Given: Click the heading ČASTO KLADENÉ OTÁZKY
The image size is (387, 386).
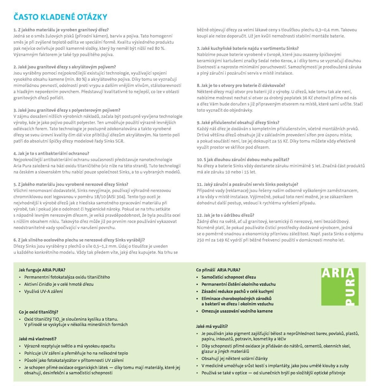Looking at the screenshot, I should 60,17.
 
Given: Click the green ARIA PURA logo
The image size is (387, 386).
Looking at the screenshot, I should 340,287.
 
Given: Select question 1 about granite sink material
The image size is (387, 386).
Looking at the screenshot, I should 61,30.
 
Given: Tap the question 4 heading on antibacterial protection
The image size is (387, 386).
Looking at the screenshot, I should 51,154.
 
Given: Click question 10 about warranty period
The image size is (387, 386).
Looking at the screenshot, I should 243,160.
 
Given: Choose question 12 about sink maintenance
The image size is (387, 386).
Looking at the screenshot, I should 225,215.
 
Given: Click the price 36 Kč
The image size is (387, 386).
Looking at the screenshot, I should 308,98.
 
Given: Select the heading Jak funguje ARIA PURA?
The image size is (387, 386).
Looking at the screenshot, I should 42,270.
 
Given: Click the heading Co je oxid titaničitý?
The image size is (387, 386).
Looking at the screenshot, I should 38,312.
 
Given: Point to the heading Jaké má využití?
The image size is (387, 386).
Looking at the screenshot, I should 212,326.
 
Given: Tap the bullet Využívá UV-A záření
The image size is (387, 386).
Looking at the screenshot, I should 43,291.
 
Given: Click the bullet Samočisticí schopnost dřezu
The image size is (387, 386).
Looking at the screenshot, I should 228,277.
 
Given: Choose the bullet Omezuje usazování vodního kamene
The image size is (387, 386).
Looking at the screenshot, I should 237,311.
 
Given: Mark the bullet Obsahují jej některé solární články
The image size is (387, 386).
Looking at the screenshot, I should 234,358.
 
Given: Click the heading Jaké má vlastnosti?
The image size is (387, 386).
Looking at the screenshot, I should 38,339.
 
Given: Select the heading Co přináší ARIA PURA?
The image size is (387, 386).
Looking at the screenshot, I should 218,270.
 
